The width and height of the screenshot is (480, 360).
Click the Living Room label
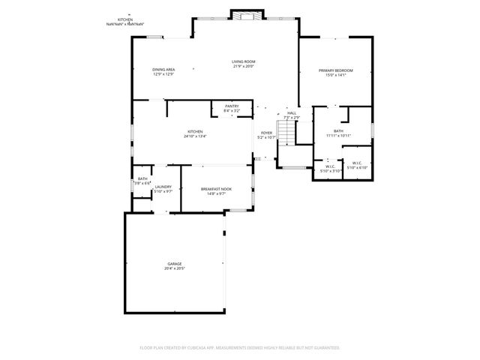click(243, 61)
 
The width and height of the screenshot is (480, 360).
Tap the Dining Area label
click(163, 70)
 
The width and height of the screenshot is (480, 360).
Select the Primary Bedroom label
click(335, 70)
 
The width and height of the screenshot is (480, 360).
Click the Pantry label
click(232, 106)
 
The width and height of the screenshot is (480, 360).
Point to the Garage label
click(175, 264)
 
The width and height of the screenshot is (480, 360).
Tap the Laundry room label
click(163, 187)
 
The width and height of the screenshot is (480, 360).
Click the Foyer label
click(266, 132)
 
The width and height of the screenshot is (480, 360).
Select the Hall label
click(291, 113)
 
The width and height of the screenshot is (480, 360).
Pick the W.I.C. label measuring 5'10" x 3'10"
click(330, 166)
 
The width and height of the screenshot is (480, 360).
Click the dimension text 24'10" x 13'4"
click(195, 136)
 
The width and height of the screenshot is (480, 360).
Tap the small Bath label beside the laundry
click(142, 178)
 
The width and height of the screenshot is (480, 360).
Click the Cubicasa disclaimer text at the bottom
click(239, 348)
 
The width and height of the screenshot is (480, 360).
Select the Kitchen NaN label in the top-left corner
click(125, 21)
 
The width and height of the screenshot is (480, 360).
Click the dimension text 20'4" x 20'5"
click(175, 268)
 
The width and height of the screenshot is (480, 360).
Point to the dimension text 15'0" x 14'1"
click(335, 75)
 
